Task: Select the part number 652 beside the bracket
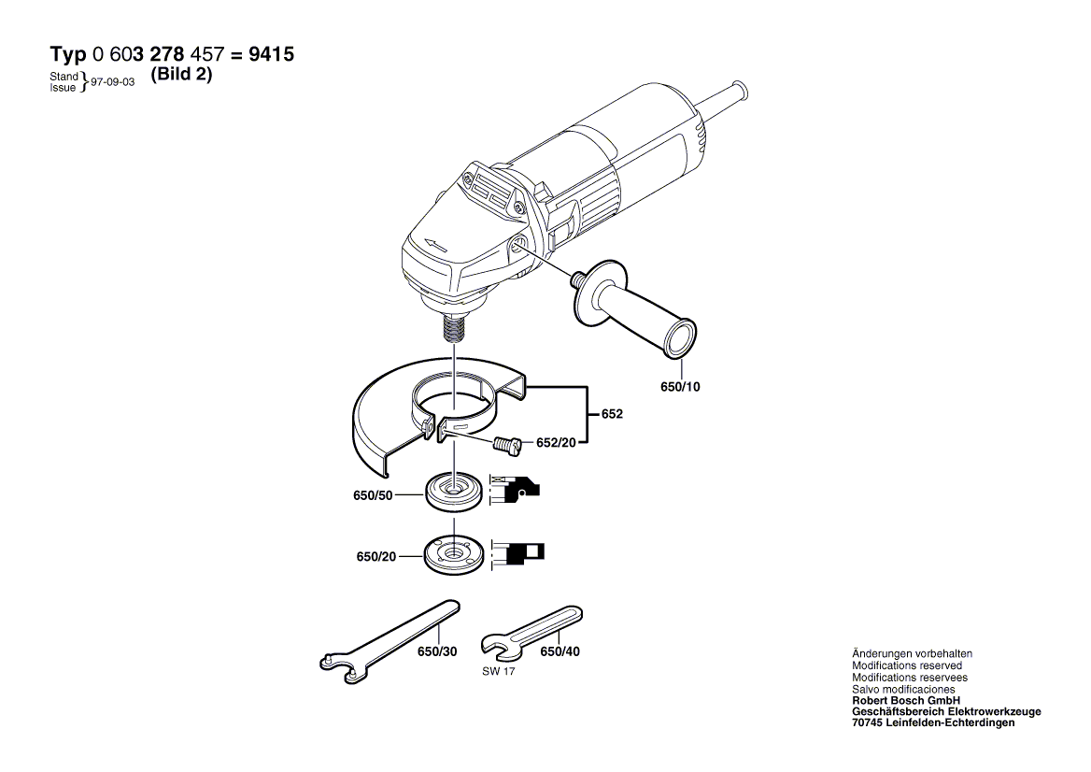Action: [612, 413]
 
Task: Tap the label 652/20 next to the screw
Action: [556, 443]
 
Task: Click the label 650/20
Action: [376, 556]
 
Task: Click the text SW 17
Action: [499, 672]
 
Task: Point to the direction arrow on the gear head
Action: [436, 245]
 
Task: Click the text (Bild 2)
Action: [181, 76]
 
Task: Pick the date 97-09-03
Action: [113, 82]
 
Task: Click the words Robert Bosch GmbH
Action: [906, 700]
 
